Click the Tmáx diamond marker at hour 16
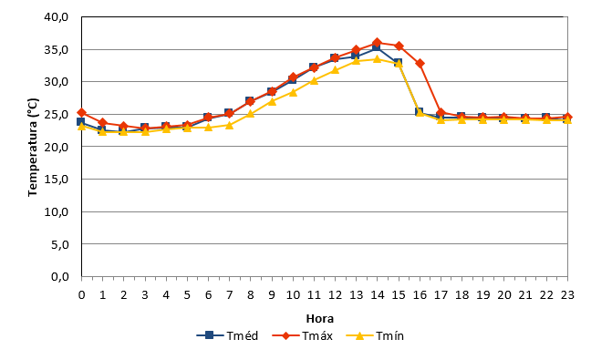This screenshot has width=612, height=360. (x=420, y=64)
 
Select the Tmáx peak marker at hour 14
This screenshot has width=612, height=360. (x=377, y=43)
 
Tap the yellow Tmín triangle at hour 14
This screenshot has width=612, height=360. (x=377, y=59)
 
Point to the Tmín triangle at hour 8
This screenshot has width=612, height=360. (x=250, y=114)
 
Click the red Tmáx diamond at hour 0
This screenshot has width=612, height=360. (x=81, y=113)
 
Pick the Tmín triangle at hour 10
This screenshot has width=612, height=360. (x=293, y=92)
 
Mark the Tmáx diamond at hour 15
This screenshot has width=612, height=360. (x=399, y=46)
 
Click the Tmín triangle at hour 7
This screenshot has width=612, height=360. (x=229, y=125)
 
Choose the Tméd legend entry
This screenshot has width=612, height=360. (x=227, y=335)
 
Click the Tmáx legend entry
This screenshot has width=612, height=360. (x=302, y=335)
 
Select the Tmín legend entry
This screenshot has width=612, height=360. (x=375, y=335)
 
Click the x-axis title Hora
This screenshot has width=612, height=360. (x=319, y=319)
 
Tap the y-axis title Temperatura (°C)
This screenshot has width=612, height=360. (x=33, y=147)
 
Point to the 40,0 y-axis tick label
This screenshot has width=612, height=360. (x=57, y=17)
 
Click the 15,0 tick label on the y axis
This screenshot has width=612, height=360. (x=57, y=179)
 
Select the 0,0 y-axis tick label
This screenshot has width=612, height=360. (x=60, y=276)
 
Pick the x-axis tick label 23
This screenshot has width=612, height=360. (x=567, y=295)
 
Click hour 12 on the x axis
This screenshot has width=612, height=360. (x=335, y=295)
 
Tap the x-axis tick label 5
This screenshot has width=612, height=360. (x=187, y=295)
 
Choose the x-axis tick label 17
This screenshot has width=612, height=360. (x=441, y=295)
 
